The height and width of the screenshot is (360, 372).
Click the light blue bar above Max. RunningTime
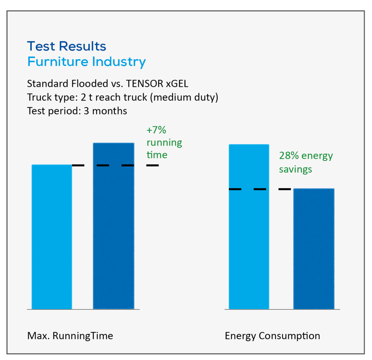pos(52,237)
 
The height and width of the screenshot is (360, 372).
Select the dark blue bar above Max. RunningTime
pos(114,226)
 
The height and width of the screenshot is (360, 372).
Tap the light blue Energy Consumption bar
pos(249,227)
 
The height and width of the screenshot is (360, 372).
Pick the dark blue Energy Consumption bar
pos(314,249)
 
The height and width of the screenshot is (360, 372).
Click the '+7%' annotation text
pos(156,130)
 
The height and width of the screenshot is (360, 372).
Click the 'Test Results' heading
pos(67,46)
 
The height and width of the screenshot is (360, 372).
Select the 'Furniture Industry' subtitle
pos(86,62)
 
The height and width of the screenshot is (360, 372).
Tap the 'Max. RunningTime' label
pos(70,336)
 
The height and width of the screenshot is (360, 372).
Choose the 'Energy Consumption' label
pos(272,336)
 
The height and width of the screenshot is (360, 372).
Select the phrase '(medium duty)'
pos(184,97)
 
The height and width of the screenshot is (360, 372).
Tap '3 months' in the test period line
pos(105,111)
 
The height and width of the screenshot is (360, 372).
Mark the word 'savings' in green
pos(295,170)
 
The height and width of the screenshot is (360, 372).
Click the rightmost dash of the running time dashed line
pos(153,165)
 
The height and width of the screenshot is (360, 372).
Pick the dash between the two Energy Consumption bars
pos(285,189)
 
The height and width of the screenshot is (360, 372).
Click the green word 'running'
pos(164,143)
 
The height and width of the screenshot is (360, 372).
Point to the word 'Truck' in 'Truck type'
pos(39,97)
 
